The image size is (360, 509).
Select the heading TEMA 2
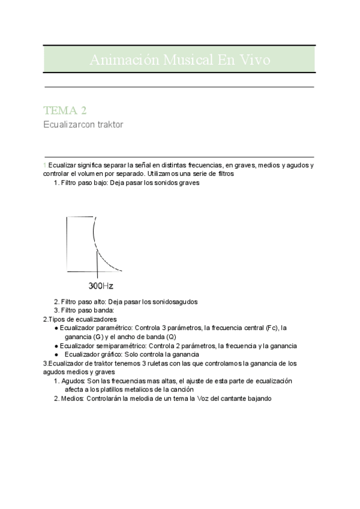point(65,110)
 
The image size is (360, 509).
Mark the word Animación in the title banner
point(119,60)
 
